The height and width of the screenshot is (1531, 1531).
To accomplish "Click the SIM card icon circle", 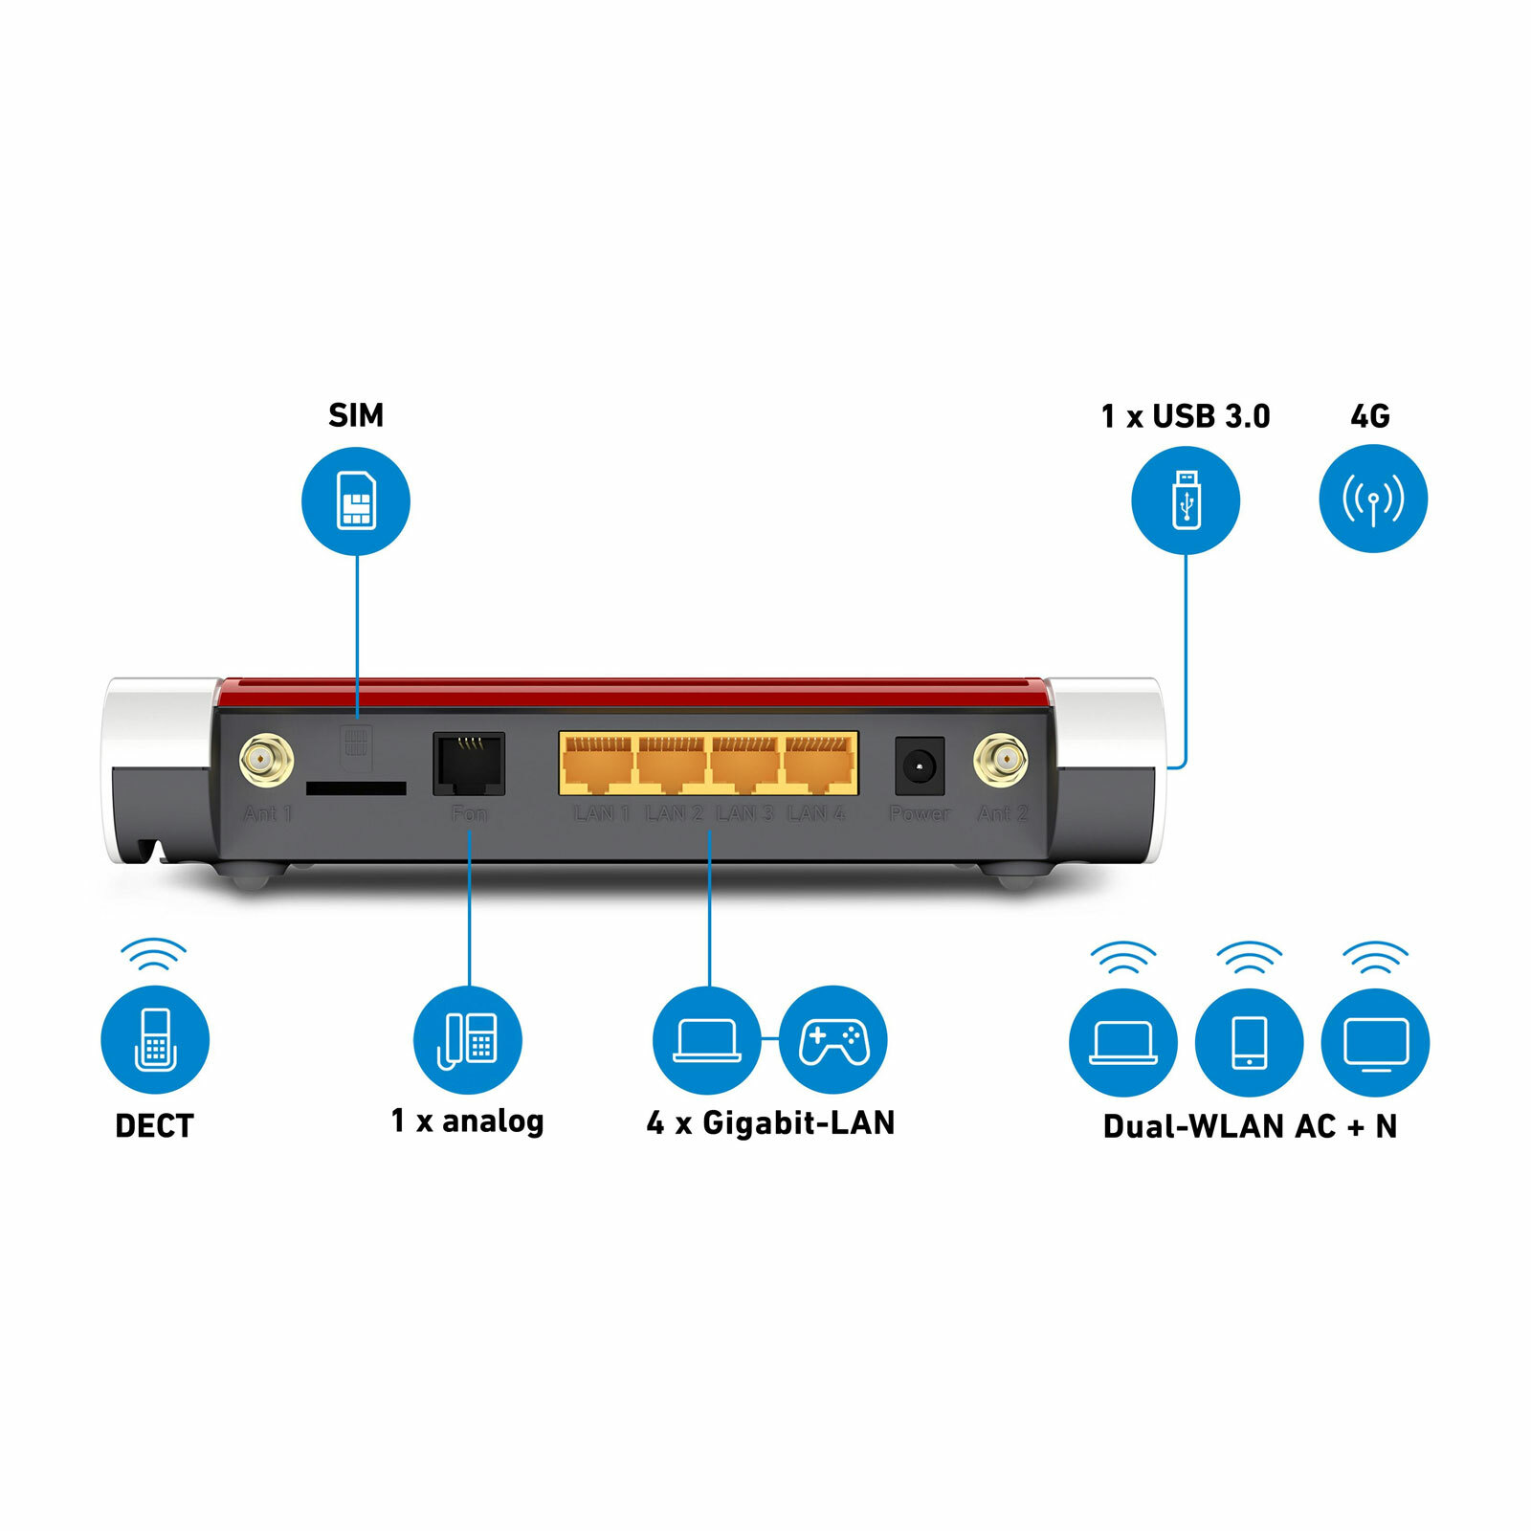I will pyautogui.click(x=356, y=501).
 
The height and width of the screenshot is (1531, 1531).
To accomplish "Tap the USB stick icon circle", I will pyautogui.click(x=1186, y=500).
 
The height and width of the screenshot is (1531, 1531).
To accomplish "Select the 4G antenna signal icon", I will pyautogui.click(x=1373, y=499).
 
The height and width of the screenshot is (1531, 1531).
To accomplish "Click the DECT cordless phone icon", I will pyautogui.click(x=155, y=1040).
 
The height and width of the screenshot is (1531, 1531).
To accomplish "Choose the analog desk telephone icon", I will pyautogui.click(x=468, y=1040).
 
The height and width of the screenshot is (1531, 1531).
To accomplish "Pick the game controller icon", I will pyautogui.click(x=833, y=1040).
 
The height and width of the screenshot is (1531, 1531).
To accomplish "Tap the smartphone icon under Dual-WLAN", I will pyautogui.click(x=1250, y=1042).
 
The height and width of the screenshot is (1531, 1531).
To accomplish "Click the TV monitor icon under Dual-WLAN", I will pyautogui.click(x=1375, y=1042).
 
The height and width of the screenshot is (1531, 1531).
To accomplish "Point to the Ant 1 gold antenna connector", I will pyautogui.click(x=266, y=761).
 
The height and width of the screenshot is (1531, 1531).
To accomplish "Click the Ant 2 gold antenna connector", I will pyautogui.click(x=1001, y=762).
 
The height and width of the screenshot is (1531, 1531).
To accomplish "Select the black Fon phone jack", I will pyautogui.click(x=469, y=764).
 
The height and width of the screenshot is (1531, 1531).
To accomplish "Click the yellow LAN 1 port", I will pyautogui.click(x=597, y=764).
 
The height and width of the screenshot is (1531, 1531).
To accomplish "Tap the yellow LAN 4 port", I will pyautogui.click(x=820, y=764).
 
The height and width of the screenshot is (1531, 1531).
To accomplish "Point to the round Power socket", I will pyautogui.click(x=920, y=765).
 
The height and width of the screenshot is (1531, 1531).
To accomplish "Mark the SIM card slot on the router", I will pyautogui.click(x=356, y=788).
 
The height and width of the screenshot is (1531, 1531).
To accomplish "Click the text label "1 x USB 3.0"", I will pyautogui.click(x=1186, y=416).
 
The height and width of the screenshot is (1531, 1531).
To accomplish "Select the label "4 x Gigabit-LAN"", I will pyautogui.click(x=770, y=1122).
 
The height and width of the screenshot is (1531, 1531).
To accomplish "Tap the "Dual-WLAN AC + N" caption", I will pyautogui.click(x=1250, y=1126).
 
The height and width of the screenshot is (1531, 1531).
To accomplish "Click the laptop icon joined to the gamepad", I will pyautogui.click(x=707, y=1040).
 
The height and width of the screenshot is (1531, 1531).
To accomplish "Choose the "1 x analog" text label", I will pyautogui.click(x=467, y=1121).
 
